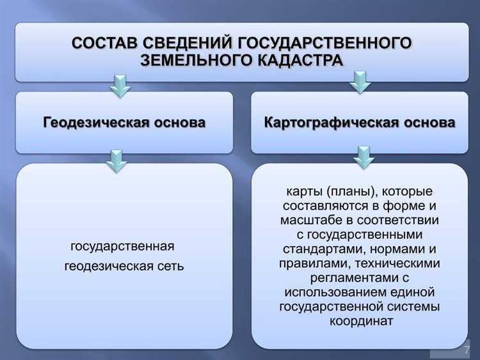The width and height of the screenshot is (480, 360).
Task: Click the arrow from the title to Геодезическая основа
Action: [x=119, y=85]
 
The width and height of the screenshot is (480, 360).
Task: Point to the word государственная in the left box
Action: [x=122, y=247]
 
